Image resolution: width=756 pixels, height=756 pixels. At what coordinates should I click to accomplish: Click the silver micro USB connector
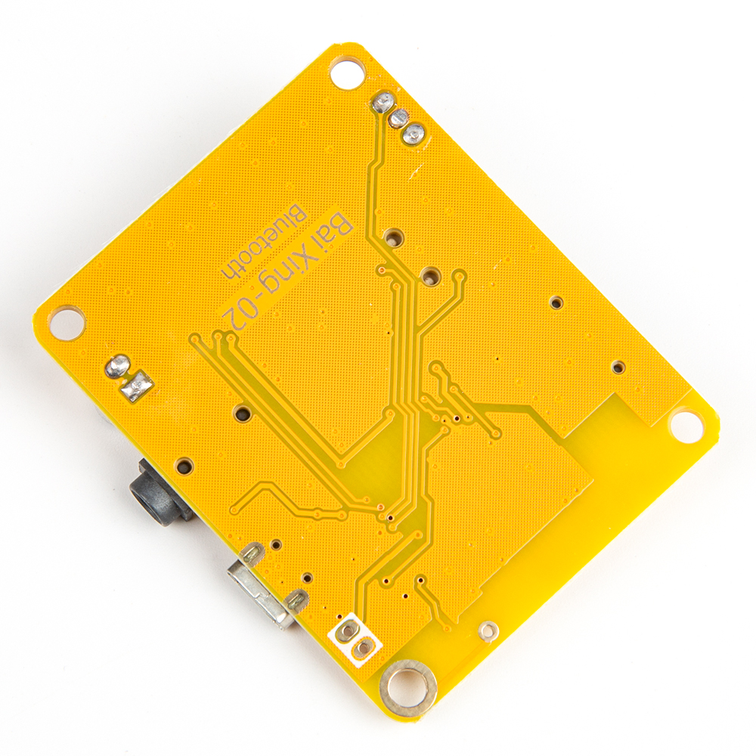click(x=261, y=593)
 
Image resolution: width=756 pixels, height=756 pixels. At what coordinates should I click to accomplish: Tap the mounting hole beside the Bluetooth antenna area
click(x=686, y=426)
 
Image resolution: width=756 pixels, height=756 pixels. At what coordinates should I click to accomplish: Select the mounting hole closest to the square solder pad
click(x=67, y=323)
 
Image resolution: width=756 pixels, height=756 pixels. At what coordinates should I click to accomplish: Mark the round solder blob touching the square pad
click(x=118, y=367)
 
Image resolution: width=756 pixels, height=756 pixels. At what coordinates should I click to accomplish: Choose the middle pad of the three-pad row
click(x=398, y=118)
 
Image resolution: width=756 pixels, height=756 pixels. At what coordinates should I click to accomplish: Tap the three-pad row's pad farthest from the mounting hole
click(x=413, y=135)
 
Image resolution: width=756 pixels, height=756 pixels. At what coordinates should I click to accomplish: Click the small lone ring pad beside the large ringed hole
click(x=489, y=628)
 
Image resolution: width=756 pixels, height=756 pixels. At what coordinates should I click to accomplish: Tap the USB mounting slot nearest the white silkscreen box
click(x=296, y=601)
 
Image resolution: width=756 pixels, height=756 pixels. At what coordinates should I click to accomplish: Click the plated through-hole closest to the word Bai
click(x=393, y=238)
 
